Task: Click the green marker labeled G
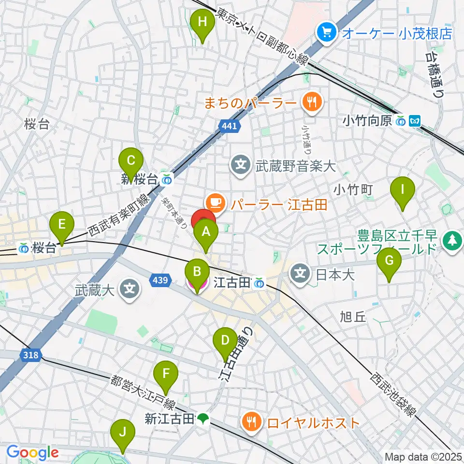(389, 261)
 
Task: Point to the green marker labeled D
(225, 341)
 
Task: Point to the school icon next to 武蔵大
(130, 290)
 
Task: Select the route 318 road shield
(30, 355)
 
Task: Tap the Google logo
(32, 452)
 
